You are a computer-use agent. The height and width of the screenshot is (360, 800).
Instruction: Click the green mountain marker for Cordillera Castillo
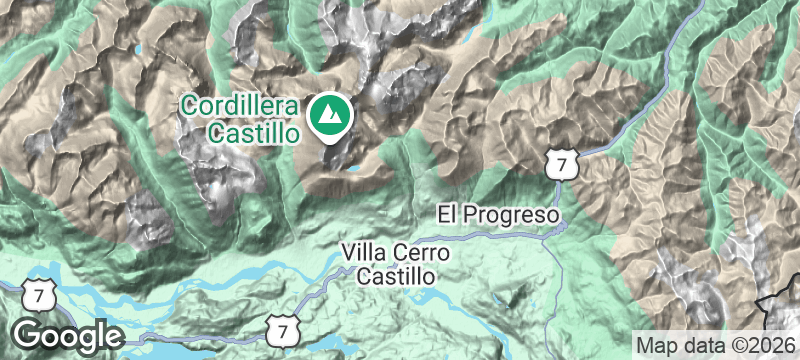click(327, 115)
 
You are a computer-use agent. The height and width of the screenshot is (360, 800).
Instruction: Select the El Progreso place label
click(496, 214)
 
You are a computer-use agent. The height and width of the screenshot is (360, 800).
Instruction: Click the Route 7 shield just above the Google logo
click(37, 296)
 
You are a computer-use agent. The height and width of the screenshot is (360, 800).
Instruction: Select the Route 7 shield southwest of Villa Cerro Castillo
click(284, 327)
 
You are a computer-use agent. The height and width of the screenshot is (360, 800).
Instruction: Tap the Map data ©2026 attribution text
click(715, 343)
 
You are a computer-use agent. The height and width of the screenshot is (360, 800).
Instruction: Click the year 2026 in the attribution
click(770, 343)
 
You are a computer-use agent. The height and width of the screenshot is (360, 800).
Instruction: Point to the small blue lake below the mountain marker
click(352, 181)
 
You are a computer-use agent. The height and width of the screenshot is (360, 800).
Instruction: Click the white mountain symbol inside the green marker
click(327, 116)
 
